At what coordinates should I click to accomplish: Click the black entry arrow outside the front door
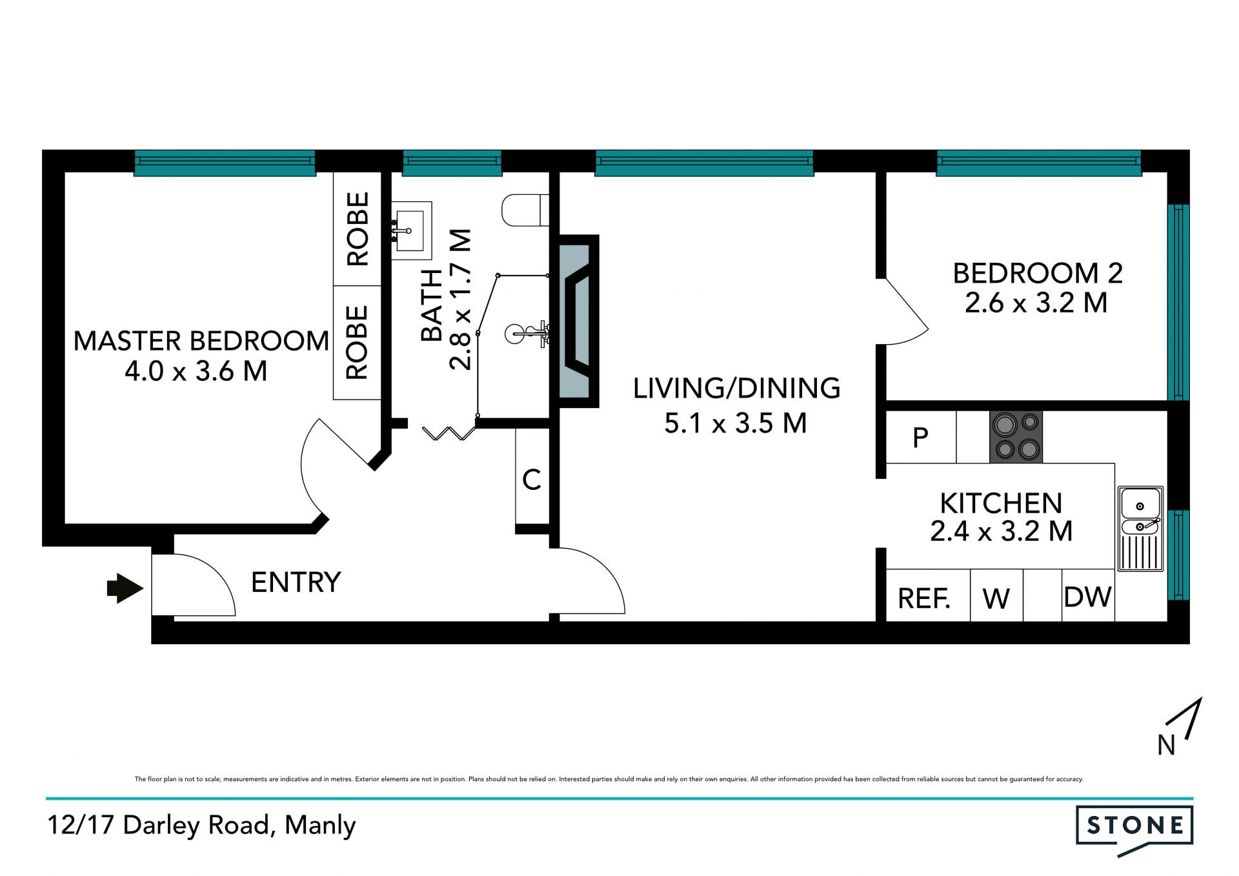pos(125,588)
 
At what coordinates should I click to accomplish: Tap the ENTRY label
pos(296,582)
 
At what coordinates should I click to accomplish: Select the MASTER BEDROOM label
pos(201,341)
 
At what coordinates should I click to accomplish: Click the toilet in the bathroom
pos(525,210)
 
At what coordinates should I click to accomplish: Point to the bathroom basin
pos(411,230)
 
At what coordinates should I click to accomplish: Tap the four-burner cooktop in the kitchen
pos(1016,437)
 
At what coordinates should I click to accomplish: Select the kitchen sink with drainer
pos(1140,529)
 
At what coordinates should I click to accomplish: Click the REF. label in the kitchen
pos(923,598)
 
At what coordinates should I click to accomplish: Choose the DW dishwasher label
pos(1087,597)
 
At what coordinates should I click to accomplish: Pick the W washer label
pos(996,599)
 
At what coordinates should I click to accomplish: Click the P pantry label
pos(920,438)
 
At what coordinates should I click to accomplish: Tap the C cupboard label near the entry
pos(531,480)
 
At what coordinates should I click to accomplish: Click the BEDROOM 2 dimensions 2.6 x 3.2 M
pos(1036,303)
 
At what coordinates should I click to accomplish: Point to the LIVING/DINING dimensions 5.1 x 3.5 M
pos(736,423)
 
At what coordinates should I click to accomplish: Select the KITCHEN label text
pos(1001,503)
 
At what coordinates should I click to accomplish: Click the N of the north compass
pos(1166,745)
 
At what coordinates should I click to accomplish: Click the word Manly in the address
pos(320,826)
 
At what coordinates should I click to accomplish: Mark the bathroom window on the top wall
pos(452,163)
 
